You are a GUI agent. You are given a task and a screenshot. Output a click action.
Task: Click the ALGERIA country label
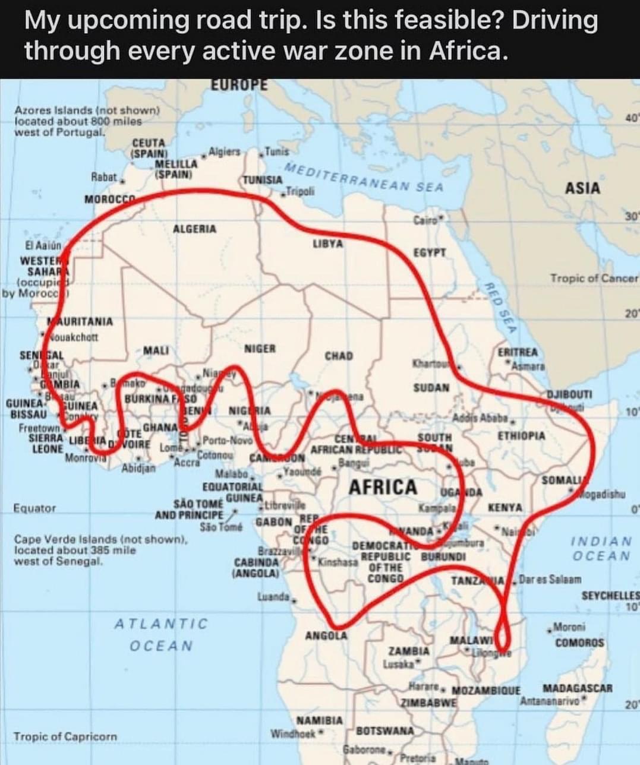coord(194,229)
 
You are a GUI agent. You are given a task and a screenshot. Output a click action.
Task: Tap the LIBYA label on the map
coord(327,244)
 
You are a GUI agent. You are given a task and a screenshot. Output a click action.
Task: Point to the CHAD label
coord(339,356)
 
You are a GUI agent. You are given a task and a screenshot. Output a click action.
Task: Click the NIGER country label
coord(260,349)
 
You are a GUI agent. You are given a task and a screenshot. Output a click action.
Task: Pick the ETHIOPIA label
coord(521,435)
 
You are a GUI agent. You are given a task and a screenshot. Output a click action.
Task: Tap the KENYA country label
coord(505,508)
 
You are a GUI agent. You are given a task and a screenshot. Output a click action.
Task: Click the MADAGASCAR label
coord(577,688)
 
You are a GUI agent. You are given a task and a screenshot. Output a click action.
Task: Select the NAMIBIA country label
coord(320,720)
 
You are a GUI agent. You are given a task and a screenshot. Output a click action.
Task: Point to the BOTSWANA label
coord(385,731)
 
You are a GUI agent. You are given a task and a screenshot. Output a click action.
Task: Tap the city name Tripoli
coord(299,191)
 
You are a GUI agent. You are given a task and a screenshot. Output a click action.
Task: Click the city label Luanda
coord(273,596)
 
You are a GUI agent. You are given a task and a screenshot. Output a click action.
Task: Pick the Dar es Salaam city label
coord(550,580)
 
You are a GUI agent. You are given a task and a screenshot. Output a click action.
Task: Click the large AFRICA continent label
coord(383,487)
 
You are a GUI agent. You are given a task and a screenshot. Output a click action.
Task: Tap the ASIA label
coord(582,188)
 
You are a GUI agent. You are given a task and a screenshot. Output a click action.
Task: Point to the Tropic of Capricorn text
coord(65,736)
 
